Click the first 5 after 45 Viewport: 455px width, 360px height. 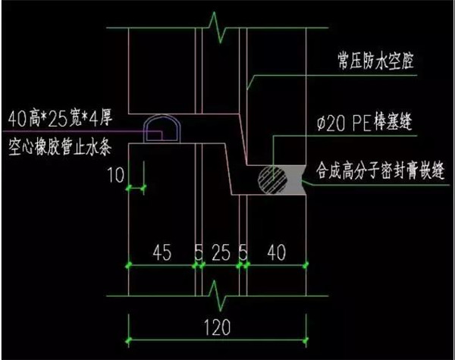click(199, 252)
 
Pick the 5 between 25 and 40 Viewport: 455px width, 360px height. click(244, 252)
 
